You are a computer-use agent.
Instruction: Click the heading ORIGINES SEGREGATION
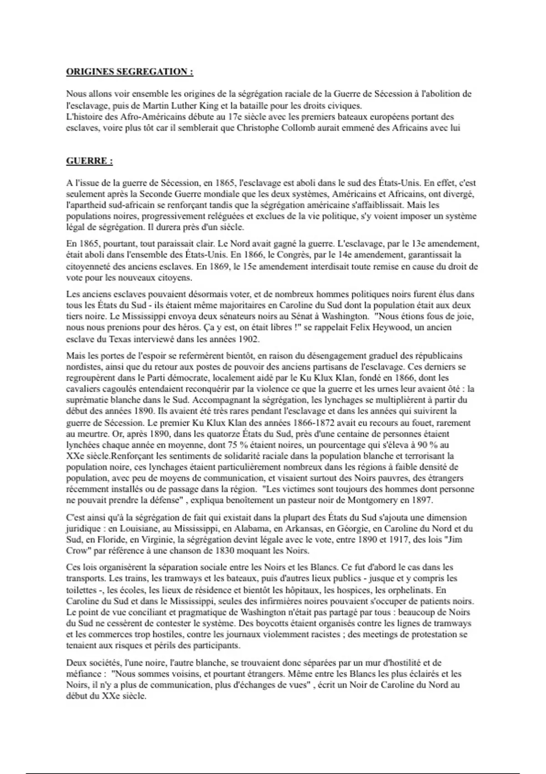coord(130,72)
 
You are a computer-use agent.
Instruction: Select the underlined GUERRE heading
coord(89,161)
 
